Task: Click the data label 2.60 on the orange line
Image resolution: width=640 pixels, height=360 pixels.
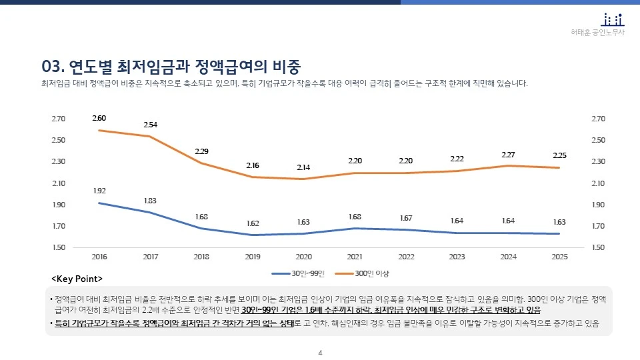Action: [99, 118]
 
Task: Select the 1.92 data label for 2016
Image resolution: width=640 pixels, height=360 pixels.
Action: [99, 191]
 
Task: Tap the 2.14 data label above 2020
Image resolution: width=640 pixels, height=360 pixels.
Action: [303, 167]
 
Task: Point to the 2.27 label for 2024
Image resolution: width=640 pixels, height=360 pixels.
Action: [508, 155]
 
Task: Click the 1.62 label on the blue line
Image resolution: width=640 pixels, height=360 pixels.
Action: [253, 223]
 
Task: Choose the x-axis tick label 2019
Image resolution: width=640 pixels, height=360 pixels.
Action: [253, 256]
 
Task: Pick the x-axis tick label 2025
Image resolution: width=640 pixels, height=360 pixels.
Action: [559, 256]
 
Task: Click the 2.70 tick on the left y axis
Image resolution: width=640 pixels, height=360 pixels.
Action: [58, 119]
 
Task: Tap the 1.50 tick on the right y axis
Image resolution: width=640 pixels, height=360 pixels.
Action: [599, 248]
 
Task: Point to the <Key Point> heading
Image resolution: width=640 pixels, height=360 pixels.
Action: [77, 277]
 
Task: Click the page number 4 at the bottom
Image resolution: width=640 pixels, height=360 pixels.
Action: [320, 353]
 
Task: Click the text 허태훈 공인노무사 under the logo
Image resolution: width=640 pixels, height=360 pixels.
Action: [598, 33]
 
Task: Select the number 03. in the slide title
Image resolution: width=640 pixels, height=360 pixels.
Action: [51, 66]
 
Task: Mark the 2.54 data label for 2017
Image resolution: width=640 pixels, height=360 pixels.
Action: [151, 125]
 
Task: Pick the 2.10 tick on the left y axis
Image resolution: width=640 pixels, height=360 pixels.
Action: [58, 183]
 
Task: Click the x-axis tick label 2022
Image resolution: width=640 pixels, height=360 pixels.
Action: [406, 256]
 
